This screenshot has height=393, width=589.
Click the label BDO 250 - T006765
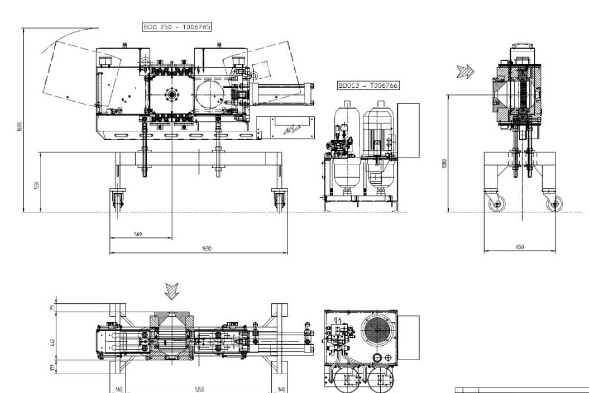pos(177,27)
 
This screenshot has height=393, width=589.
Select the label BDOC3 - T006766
pos(368,85)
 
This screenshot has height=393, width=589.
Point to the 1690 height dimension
pos(19,127)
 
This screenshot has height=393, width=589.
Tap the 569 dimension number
pos(138,235)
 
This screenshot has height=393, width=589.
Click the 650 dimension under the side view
pos(520,247)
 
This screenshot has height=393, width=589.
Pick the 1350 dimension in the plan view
pos(199,389)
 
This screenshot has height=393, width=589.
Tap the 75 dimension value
pos(53,308)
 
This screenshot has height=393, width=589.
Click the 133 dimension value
pos(53,367)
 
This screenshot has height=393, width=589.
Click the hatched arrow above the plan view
pos(172,290)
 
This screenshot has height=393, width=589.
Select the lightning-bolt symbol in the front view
pos(294,129)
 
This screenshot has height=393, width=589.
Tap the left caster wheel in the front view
pos(118,200)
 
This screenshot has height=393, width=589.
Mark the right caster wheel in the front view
pos(279,200)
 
